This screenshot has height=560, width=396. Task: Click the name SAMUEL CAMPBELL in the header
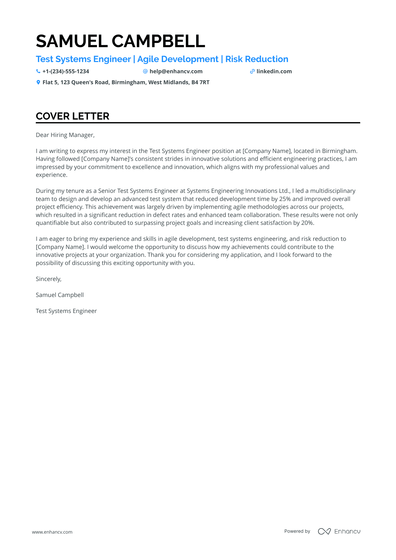click(x=120, y=41)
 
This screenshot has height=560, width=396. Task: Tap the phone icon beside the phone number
click(x=38, y=71)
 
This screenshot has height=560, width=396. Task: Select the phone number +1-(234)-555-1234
click(x=66, y=71)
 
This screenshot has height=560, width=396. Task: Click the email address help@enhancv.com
click(x=176, y=71)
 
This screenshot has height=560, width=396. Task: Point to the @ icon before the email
click(x=145, y=71)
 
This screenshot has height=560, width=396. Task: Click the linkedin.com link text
click(x=274, y=71)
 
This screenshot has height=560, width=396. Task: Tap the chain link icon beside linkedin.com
click(x=252, y=71)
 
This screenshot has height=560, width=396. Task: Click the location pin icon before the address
click(x=38, y=82)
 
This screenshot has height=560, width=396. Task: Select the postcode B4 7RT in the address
click(x=200, y=82)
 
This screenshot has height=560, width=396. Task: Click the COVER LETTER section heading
click(x=72, y=116)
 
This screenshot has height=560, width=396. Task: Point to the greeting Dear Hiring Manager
click(x=65, y=135)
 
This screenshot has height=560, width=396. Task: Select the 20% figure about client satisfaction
click(x=307, y=223)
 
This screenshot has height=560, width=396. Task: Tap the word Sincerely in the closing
click(x=49, y=279)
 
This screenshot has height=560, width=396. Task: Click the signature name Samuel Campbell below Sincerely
click(x=60, y=295)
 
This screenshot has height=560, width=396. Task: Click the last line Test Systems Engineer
click(x=66, y=311)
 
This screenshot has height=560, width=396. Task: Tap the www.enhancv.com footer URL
click(x=52, y=532)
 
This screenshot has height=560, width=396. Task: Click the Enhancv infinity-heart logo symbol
click(x=324, y=531)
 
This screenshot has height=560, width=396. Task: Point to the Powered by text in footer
click(x=297, y=531)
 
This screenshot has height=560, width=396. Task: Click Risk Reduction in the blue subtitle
click(x=257, y=59)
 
